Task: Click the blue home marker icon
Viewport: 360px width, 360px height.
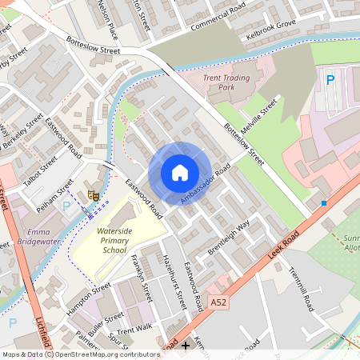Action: pos(180,173)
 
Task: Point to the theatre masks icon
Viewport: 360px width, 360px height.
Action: pos(93,194)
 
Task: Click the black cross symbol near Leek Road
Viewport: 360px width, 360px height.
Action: pos(186,346)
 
